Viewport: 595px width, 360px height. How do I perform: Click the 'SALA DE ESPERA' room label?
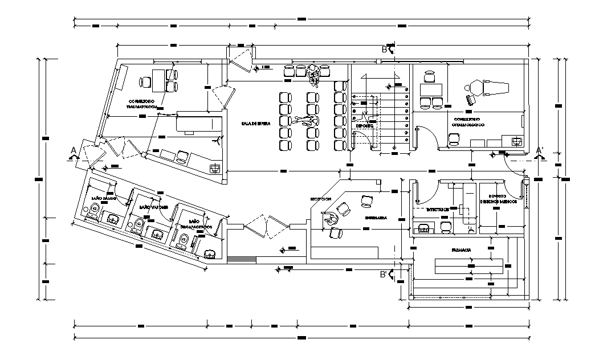click(255, 123)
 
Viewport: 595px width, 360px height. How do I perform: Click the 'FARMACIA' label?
click(460, 250)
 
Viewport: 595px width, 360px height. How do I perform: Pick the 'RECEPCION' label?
click(320, 199)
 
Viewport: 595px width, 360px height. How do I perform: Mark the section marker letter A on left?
click(73, 150)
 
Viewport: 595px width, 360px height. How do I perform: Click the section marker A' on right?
click(539, 150)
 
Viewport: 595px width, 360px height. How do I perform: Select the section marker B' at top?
click(385, 50)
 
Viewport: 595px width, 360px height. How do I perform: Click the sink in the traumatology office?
click(215, 168)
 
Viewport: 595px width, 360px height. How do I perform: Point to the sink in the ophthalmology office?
click(516, 141)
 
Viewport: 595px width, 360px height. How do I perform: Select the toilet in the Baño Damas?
click(93, 208)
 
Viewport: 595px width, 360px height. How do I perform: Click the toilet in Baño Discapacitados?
click(184, 243)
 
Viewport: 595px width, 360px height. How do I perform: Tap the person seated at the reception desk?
click(329, 217)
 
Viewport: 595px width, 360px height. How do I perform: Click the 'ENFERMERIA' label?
click(377, 218)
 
